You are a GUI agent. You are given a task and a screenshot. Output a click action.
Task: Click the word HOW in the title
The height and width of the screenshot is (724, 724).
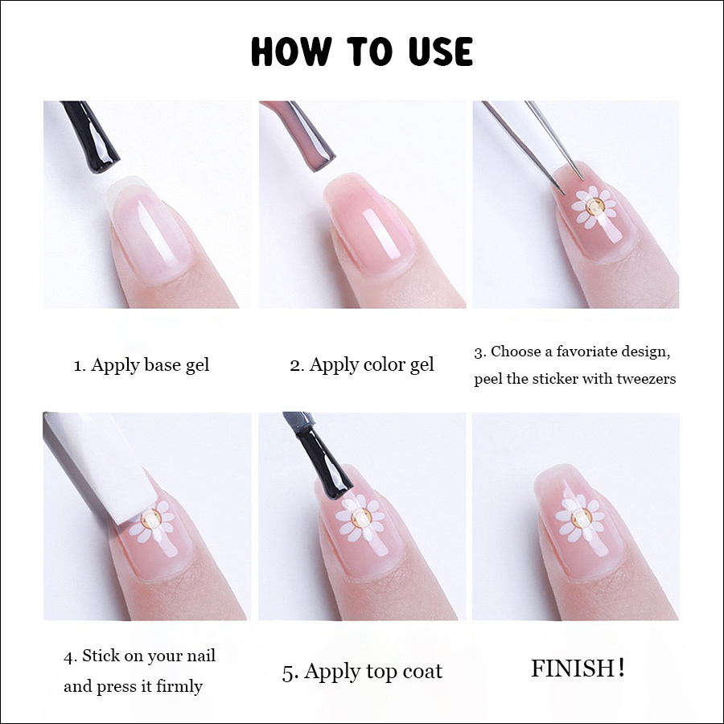tap(292, 51)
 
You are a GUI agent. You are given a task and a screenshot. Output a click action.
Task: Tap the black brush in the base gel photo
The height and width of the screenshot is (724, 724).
tap(93, 137)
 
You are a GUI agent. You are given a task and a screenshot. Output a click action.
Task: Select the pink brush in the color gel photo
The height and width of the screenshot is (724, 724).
tap(302, 136)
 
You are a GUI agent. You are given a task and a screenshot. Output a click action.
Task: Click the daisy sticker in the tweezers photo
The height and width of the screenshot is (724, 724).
tap(594, 208)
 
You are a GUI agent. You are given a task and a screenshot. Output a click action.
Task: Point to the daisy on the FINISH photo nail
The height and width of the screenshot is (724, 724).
tap(579, 517)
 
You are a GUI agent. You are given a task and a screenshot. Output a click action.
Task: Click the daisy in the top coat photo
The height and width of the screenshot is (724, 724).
tap(360, 518)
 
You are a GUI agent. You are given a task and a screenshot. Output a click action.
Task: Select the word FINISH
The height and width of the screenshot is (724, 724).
tap(573, 668)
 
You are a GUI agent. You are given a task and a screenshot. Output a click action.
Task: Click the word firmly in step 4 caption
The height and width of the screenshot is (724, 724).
tap(179, 687)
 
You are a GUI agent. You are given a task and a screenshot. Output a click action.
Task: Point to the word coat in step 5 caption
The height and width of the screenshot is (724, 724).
tap(422, 672)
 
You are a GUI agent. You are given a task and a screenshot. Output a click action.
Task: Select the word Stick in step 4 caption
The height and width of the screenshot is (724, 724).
tap(101, 656)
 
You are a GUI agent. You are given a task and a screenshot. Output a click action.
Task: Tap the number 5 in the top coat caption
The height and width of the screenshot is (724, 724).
tap(288, 673)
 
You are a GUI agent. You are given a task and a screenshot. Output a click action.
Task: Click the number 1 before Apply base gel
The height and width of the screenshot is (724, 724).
tap(78, 366)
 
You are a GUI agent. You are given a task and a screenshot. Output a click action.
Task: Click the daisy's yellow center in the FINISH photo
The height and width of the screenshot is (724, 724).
tap(580, 517)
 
